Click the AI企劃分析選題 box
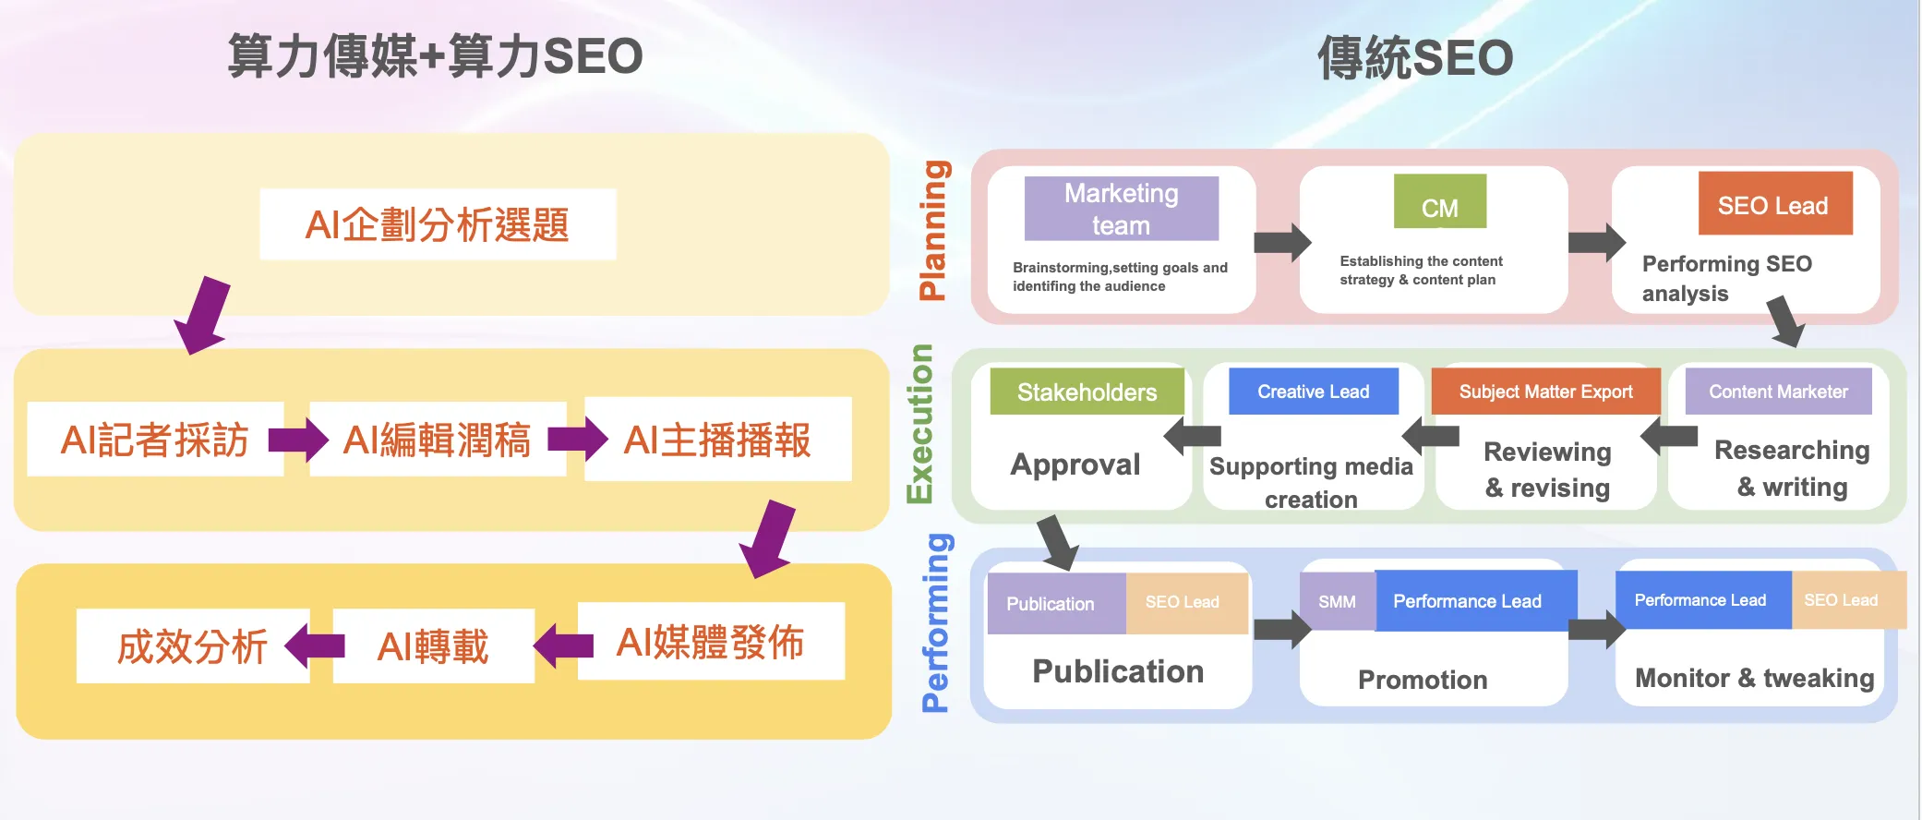click(x=438, y=224)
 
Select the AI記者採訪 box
click(x=155, y=440)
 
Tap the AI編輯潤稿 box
click(x=437, y=440)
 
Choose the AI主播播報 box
click(x=717, y=440)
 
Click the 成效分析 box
click(x=192, y=646)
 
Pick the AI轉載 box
click(x=433, y=646)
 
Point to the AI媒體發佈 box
click(x=710, y=643)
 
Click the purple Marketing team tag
click(x=1121, y=209)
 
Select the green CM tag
click(x=1440, y=202)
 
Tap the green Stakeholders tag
click(x=1087, y=392)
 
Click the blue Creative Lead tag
click(x=1313, y=392)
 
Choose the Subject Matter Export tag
click(x=1545, y=392)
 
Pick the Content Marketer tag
click(x=1778, y=392)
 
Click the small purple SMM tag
click(x=1337, y=601)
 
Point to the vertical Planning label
click(x=933, y=231)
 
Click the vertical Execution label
click(x=920, y=424)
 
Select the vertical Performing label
click(x=935, y=623)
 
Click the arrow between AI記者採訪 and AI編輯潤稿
click(x=298, y=440)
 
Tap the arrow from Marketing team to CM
click(x=1281, y=243)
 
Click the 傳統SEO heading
click(x=1414, y=58)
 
